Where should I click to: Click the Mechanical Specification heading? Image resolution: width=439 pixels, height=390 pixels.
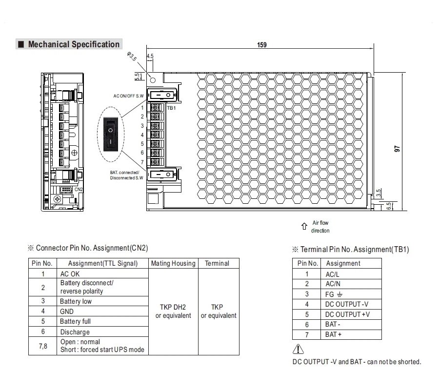(x=73, y=44)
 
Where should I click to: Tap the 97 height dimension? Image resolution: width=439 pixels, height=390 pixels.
(x=397, y=150)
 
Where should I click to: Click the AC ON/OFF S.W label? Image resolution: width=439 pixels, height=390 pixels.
(x=128, y=96)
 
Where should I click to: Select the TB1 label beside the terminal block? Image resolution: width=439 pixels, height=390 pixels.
(x=171, y=108)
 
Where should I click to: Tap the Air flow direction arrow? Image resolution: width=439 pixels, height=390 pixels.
(x=303, y=226)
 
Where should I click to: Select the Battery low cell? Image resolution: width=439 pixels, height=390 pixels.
(x=76, y=301)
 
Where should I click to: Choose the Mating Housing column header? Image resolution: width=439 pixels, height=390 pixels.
(x=173, y=263)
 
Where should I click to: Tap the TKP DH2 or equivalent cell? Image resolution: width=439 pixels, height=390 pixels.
(x=173, y=311)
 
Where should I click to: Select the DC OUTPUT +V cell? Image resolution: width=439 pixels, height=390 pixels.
(x=347, y=314)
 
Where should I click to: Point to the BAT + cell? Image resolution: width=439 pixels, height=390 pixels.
(x=334, y=334)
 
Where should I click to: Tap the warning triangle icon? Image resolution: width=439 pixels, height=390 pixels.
(x=298, y=350)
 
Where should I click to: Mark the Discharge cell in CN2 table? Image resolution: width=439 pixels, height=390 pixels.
(x=75, y=332)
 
